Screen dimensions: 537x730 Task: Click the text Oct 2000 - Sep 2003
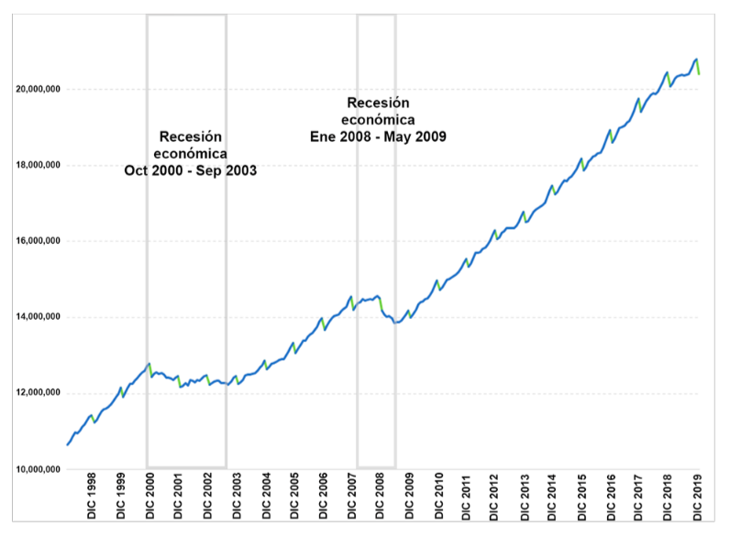click(190, 170)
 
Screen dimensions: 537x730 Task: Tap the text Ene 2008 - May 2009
click(378, 137)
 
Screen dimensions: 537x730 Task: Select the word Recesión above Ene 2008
click(378, 103)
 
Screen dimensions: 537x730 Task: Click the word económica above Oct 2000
click(190, 153)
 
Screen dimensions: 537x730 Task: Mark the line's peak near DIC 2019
click(696, 59)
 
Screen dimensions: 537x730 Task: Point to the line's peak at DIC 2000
click(149, 364)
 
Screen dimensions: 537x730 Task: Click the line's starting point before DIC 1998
click(66, 445)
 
